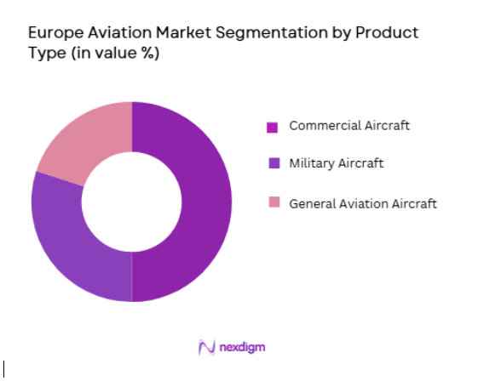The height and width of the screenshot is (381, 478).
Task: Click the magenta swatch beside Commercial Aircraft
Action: (x=273, y=128)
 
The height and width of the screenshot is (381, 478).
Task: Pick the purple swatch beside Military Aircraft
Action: (x=273, y=163)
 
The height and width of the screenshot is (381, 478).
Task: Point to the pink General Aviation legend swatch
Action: (x=273, y=203)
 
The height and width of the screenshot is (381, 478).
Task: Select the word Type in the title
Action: (x=45, y=54)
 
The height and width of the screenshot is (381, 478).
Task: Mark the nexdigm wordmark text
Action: (x=248, y=347)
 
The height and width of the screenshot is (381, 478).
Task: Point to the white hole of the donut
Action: (x=131, y=202)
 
